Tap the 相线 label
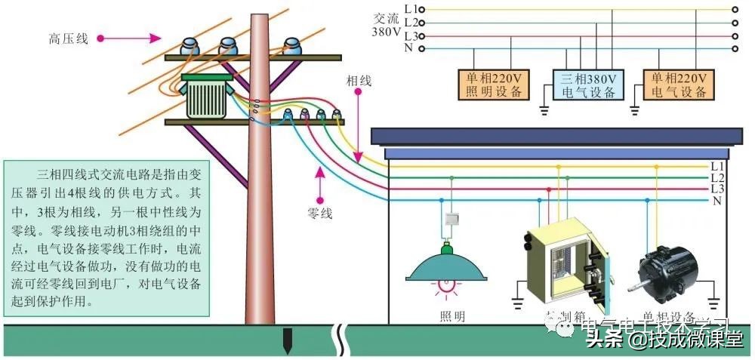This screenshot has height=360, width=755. (x=359, y=79)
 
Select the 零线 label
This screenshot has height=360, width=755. (x=320, y=214)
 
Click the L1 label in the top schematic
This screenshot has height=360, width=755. (x=411, y=9)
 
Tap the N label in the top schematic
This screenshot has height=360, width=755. (x=409, y=48)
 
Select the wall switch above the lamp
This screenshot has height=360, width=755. (x=451, y=220)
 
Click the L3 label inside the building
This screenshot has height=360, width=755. (x=718, y=189)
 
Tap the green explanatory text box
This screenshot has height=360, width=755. (x=106, y=237)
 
